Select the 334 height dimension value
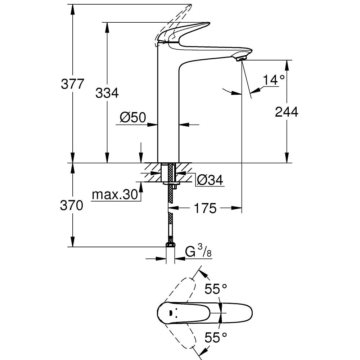pyautogui.click(x=107, y=93)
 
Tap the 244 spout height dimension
pyautogui.click(x=287, y=112)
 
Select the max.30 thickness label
pyautogui.click(x=115, y=195)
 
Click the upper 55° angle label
pyautogui.click(x=216, y=289)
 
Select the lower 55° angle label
pyautogui.click(x=216, y=337)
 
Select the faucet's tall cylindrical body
pyautogui.click(x=168, y=108)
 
